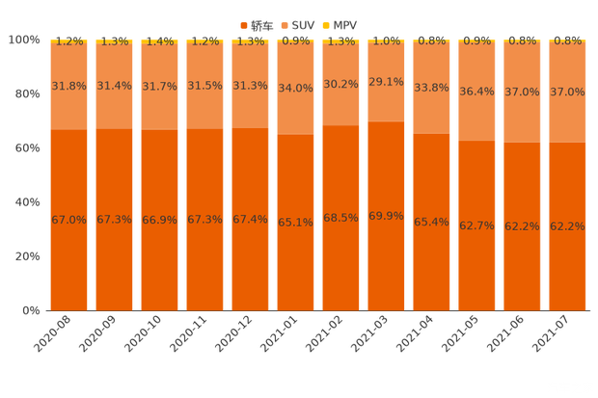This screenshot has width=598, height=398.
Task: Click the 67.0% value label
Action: (x=69, y=220)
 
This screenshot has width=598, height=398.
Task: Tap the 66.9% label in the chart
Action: (x=159, y=220)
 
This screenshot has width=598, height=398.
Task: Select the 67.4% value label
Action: (x=250, y=220)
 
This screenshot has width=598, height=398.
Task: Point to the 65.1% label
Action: (x=295, y=223)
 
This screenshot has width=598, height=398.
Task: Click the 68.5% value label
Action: (x=340, y=219)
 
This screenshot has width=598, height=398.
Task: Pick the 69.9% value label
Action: (x=386, y=216)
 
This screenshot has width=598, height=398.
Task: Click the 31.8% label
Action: (x=69, y=86)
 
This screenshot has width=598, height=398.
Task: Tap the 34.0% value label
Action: (x=295, y=89)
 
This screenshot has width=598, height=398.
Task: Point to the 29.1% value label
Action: (x=386, y=82)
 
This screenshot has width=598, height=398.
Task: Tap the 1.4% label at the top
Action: (x=159, y=41)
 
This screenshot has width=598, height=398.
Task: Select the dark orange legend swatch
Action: (x=243, y=23)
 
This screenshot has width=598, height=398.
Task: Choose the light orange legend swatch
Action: (x=286, y=23)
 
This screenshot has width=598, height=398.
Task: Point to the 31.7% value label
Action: (x=159, y=86)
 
